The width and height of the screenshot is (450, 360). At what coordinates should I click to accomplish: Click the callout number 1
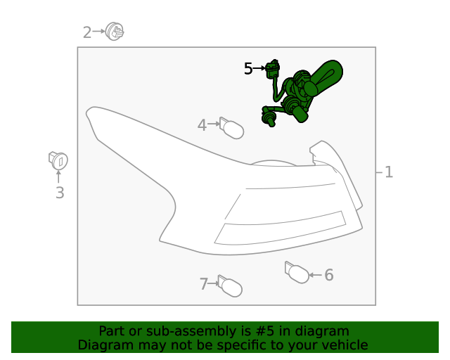[389, 172]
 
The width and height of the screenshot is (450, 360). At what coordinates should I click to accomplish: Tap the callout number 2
[87, 32]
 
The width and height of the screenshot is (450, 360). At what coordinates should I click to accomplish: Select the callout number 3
[60, 193]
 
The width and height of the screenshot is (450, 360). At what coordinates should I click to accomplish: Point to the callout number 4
[202, 125]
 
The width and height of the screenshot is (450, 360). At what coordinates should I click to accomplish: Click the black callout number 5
[248, 69]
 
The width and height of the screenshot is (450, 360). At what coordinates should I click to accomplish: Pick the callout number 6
[329, 275]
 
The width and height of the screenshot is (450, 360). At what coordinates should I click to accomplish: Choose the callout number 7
[203, 284]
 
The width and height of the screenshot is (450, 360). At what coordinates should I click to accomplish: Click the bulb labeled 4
[231, 128]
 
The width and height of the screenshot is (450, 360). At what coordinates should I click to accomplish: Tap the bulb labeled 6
[297, 272]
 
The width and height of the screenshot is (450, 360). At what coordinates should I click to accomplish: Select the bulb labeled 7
[230, 286]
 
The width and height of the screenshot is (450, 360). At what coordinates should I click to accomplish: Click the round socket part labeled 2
[115, 32]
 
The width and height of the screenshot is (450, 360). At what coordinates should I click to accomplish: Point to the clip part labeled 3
[58, 160]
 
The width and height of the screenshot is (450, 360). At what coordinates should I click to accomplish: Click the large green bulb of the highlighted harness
[324, 77]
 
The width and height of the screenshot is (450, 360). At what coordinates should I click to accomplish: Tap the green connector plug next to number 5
[272, 69]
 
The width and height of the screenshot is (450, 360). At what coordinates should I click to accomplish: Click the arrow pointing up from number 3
[58, 177]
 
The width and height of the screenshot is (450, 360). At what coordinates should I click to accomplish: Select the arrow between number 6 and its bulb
[316, 275]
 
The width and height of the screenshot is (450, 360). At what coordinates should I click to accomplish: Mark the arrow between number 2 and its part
[98, 31]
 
